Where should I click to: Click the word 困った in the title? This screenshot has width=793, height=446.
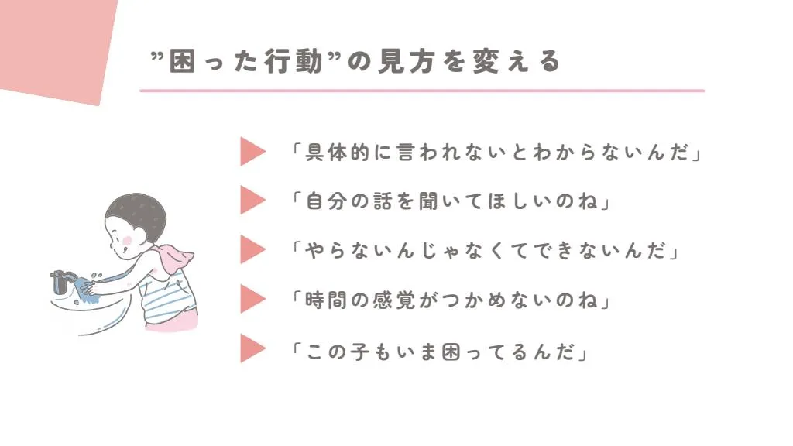pos(215,61)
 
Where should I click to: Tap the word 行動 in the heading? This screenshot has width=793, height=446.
pos(294,61)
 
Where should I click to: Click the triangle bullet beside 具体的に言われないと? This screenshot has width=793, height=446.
pos(252,151)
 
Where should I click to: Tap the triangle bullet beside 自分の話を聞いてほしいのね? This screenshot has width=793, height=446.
pos(252,201)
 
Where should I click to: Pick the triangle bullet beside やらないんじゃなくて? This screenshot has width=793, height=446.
pos(252,249)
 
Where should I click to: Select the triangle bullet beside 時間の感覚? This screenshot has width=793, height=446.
pos(252,299)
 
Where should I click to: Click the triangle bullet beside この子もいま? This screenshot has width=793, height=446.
pos(252,348)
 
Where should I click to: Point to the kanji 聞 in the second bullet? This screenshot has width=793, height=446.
pos(428,201)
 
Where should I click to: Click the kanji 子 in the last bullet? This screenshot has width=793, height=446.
pos(360,352)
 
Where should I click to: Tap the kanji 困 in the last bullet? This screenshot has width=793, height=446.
pos(451,352)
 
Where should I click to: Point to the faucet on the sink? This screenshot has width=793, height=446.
pos(62,281)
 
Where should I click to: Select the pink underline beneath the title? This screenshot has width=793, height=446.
pos(422,91)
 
